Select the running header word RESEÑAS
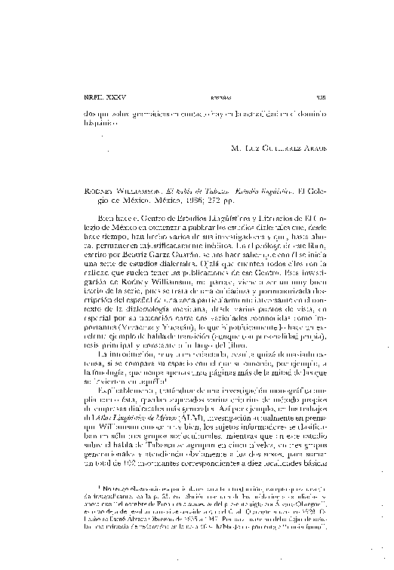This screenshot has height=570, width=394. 195,98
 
